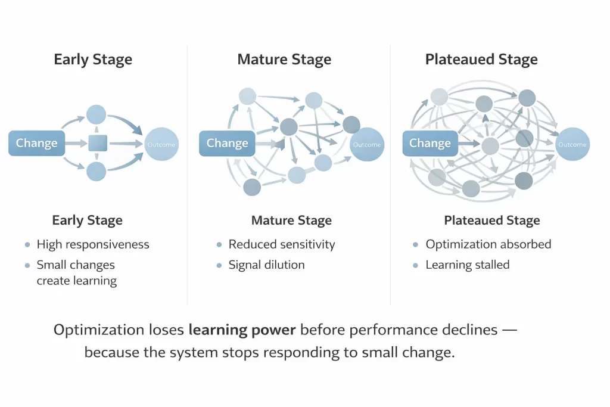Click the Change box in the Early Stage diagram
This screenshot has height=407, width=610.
[x=37, y=143]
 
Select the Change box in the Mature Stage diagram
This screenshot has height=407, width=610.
[x=227, y=144]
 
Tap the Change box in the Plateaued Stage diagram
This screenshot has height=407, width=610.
[x=430, y=144]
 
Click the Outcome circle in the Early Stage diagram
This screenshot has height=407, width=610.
[x=161, y=144]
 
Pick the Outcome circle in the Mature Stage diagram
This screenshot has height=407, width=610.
[x=367, y=144]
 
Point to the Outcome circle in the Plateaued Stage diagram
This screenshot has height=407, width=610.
[x=572, y=144]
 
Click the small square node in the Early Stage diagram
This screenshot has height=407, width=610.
[x=97, y=144]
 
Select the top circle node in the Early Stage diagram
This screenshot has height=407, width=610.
[x=96, y=114]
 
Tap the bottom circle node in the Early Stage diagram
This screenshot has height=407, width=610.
[x=96, y=172]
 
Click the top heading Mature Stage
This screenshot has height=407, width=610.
[x=284, y=60]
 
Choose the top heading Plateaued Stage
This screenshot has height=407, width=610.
[x=481, y=60]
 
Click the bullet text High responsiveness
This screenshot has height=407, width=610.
[x=93, y=244]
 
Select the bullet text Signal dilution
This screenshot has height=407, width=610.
[x=266, y=265]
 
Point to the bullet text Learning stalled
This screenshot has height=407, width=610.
[x=467, y=265]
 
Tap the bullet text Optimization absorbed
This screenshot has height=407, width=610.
[x=488, y=244]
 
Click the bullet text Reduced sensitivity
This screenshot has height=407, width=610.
[x=282, y=244]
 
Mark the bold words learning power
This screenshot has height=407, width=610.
[x=243, y=330]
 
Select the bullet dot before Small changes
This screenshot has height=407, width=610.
[x=27, y=265]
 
